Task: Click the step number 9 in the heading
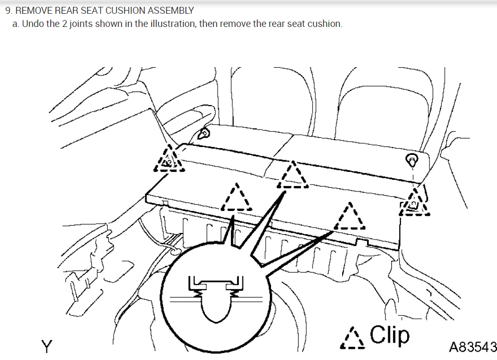pyautogui.click(x=8, y=11)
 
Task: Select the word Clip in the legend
pyautogui.click(x=390, y=335)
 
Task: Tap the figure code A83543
pyautogui.click(x=472, y=347)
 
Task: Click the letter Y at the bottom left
pyautogui.click(x=48, y=346)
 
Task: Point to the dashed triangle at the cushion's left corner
pyautogui.click(x=170, y=160)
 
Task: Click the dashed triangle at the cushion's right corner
pyautogui.click(x=415, y=202)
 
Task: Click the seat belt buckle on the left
pyautogui.click(x=203, y=133)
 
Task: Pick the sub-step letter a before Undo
pyautogui.click(x=15, y=24)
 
